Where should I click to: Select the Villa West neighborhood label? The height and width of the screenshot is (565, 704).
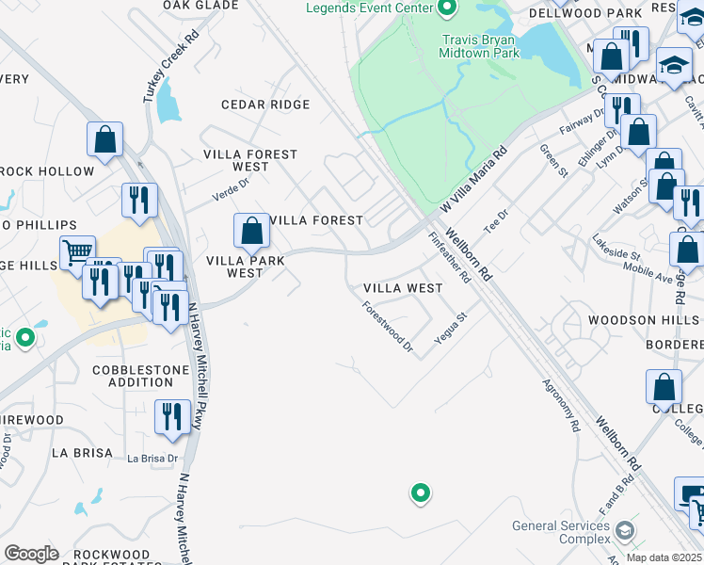(403, 288)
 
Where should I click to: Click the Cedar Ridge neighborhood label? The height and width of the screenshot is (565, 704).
(265, 105)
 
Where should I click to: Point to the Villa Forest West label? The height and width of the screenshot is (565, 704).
(251, 160)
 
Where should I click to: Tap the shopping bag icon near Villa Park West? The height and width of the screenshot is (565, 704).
(252, 230)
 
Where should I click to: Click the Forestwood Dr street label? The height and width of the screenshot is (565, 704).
(388, 326)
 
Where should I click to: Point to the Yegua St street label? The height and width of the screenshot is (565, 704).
(451, 329)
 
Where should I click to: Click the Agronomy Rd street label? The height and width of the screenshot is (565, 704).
(561, 406)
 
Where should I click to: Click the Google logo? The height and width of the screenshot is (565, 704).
(31, 554)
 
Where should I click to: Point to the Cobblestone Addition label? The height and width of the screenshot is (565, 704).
(133, 376)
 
